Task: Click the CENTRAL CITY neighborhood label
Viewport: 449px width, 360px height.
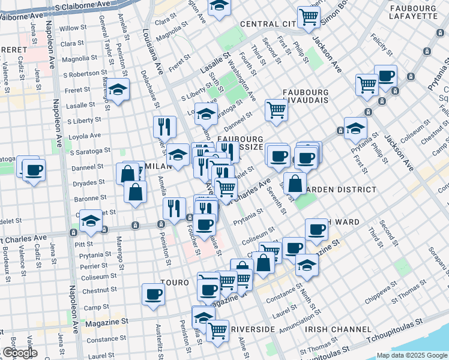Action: click(268, 24)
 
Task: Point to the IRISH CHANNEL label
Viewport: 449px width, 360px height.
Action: click(337, 329)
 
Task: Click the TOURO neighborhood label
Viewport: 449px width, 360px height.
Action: click(175, 281)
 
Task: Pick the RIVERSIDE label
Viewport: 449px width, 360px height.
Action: click(253, 329)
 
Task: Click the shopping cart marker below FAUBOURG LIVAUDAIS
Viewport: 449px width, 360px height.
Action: click(276, 109)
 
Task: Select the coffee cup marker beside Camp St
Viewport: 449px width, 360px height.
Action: click(153, 294)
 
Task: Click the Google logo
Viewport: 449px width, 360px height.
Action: click(19, 353)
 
